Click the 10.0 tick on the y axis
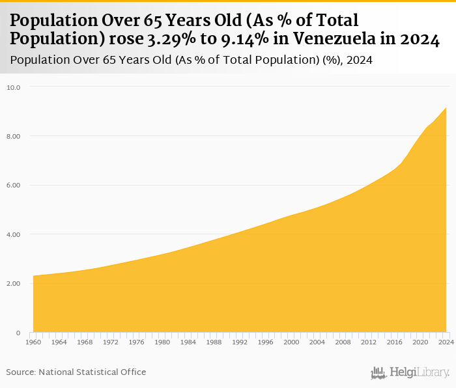point(14,87)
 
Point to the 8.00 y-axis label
point(14,136)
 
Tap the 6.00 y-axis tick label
point(14,185)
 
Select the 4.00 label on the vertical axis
point(14,234)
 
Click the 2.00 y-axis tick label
point(14,284)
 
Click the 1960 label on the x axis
point(33,342)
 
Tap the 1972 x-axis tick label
point(111,342)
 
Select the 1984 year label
point(188,342)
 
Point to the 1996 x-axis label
point(266,342)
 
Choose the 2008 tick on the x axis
point(343,342)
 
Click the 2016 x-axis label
point(395,342)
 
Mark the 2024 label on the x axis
point(446,342)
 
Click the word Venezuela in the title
point(336,38)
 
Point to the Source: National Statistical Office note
point(76,372)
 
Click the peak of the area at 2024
point(446,108)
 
